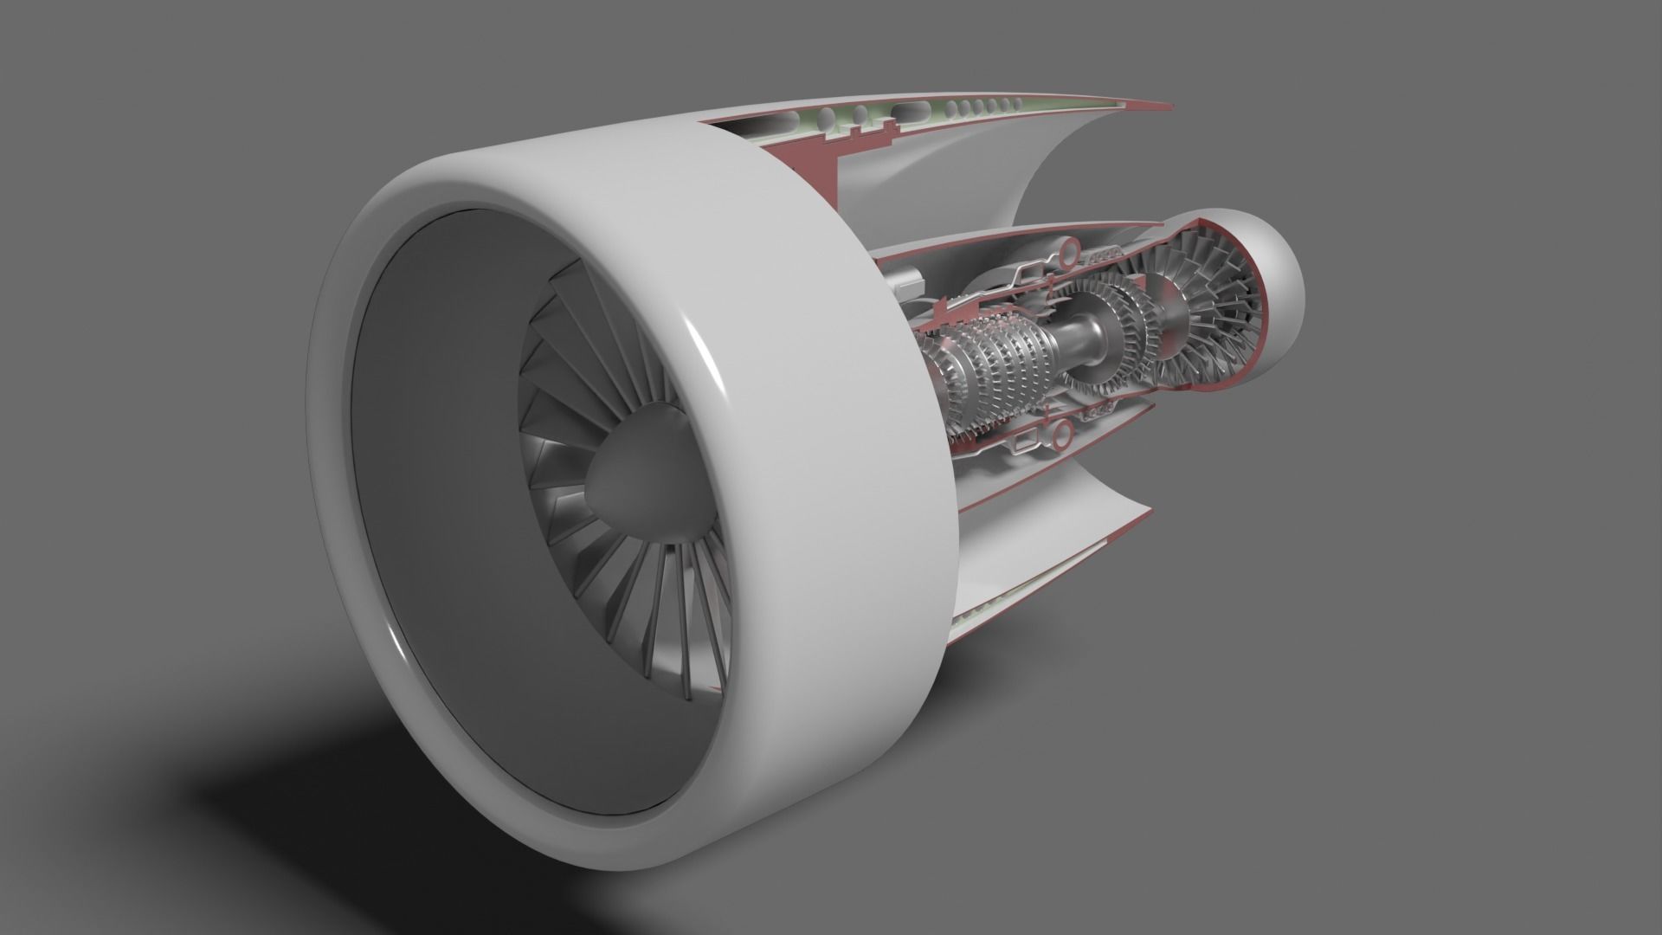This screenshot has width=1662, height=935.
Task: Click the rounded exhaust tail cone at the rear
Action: point(1272,286)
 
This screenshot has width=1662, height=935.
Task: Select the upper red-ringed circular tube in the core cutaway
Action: point(1066,252)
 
